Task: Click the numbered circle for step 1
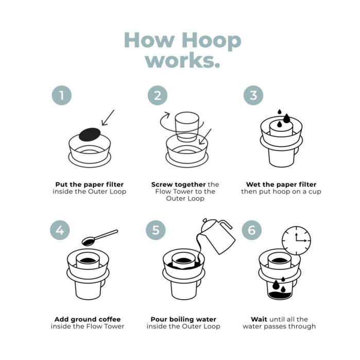tap(61, 95)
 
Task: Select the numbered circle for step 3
tap(253, 95)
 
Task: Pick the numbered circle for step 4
tap(60, 230)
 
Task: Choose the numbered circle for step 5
tap(156, 230)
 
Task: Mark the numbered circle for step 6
tap(252, 230)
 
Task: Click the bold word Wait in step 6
tap(259, 319)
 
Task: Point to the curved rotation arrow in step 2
tap(167, 123)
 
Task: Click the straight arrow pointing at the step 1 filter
tap(108, 117)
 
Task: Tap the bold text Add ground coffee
tap(87, 319)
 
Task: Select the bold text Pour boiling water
tap(183, 319)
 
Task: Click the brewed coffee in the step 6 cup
tap(280, 294)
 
